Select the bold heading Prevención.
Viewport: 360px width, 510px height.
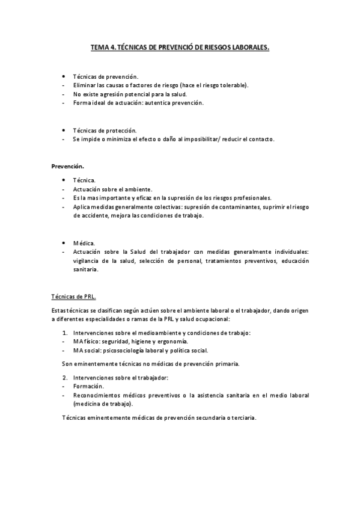point(67,165)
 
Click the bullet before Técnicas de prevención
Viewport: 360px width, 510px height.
point(64,76)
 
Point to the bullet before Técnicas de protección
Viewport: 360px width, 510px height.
point(64,130)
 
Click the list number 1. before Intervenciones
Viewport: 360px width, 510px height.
point(66,333)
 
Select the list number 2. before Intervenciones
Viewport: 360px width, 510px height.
point(66,377)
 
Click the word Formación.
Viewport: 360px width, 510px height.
point(88,386)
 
